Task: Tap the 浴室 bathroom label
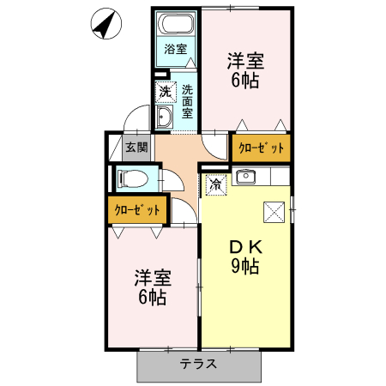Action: [176, 50]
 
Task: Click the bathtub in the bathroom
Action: [177, 25]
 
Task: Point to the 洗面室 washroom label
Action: [187, 100]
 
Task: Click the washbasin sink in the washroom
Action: [166, 118]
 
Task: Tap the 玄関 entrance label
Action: [136, 147]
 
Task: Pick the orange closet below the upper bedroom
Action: [261, 148]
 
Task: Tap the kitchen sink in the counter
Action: [246, 177]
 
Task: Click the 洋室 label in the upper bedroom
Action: [245, 62]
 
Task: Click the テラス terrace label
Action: [199, 364]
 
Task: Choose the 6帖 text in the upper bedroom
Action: [245, 82]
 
